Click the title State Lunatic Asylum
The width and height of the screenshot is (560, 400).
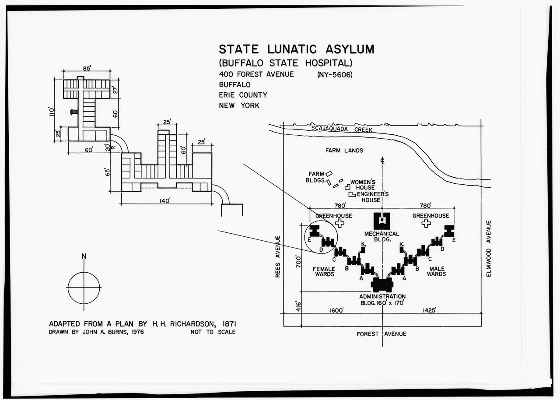[x=297, y=49]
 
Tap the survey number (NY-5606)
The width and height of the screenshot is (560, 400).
[x=335, y=75]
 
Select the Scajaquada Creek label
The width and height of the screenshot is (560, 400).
[x=342, y=129]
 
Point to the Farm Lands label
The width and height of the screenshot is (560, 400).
[x=344, y=151]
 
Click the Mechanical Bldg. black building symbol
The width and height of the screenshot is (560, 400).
[x=382, y=221]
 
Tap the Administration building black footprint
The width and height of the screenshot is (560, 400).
[x=382, y=284]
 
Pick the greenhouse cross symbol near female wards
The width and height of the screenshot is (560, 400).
[x=339, y=223]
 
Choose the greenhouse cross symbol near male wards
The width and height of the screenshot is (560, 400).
[x=426, y=223]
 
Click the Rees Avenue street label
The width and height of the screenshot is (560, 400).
[x=278, y=256]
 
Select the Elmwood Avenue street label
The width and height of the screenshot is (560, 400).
[x=489, y=249]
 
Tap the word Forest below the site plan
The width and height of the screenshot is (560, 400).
[x=367, y=334]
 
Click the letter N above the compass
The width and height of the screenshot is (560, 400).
[x=84, y=256]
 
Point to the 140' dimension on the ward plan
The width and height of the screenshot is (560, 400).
[x=165, y=201]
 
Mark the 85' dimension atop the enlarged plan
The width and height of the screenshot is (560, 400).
[x=87, y=68]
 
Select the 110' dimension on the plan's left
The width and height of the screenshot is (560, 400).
[x=52, y=112]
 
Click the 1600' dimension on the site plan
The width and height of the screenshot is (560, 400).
[x=337, y=310]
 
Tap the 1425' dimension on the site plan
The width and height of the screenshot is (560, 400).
[x=430, y=310]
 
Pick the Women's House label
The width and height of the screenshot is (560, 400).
[x=363, y=185]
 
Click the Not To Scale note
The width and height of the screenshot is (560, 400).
[x=213, y=332]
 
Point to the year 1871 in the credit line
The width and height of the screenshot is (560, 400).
[x=229, y=324]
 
